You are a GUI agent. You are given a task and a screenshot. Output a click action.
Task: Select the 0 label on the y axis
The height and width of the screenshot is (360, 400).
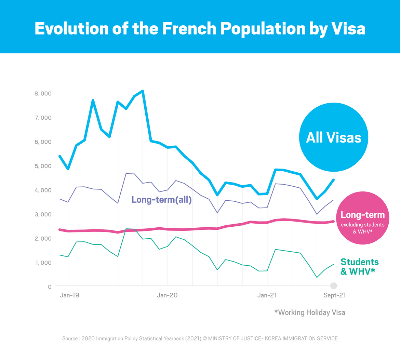point(49,286)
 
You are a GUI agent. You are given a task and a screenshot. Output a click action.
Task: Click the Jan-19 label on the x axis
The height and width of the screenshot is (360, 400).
point(69,295)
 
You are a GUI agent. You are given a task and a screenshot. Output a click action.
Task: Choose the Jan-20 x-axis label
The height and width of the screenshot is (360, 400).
point(167,295)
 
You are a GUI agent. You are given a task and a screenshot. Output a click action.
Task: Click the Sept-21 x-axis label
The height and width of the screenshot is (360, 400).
point(335,295)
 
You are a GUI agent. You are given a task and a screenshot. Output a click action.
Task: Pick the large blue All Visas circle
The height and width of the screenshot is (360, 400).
point(333,137)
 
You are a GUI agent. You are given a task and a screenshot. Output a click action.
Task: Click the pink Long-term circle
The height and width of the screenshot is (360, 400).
point(362,218)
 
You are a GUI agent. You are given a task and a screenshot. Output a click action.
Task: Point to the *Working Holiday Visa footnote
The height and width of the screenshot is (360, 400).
point(309,312)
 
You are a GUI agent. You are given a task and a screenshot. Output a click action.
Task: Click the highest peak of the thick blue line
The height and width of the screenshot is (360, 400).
point(143,91)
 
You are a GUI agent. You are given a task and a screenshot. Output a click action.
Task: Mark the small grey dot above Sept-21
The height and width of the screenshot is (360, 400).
point(334,286)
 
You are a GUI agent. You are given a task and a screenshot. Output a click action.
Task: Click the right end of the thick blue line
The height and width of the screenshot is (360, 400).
point(333,180)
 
